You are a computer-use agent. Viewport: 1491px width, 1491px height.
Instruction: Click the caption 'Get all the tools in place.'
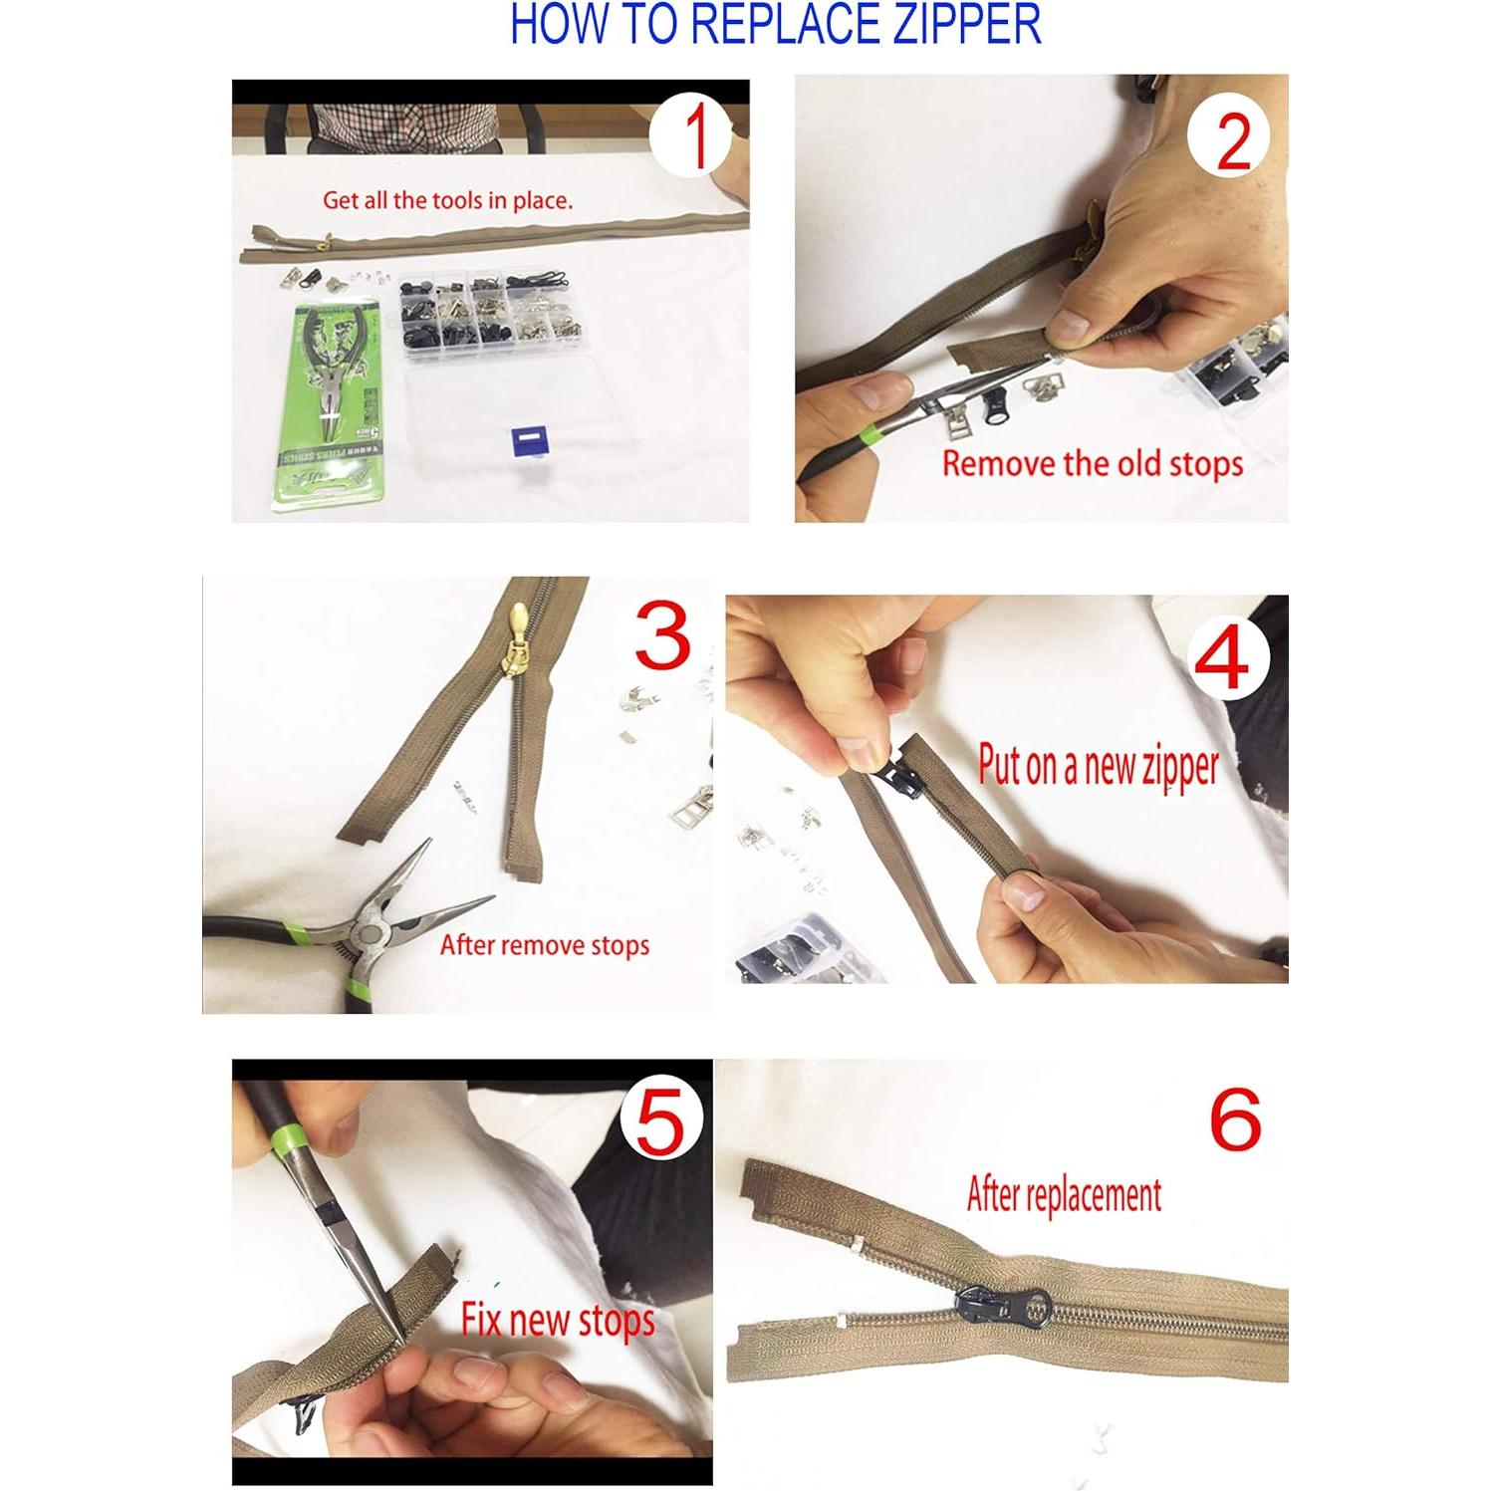447,200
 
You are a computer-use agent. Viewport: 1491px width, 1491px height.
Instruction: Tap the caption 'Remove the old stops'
1093,463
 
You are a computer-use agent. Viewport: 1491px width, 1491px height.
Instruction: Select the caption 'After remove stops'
545,944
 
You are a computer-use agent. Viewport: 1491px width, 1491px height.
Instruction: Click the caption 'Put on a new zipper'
1098,766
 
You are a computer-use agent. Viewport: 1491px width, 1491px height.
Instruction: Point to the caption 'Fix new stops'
558,1320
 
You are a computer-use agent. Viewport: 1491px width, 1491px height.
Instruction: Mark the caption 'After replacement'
1064,1194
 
